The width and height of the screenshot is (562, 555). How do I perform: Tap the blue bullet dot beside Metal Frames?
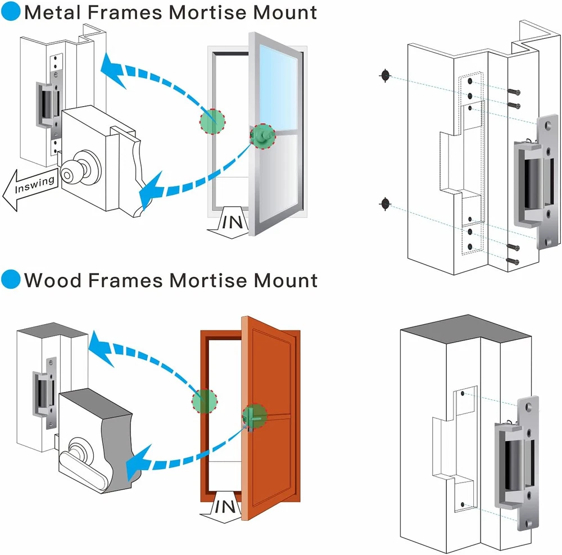tap(10, 11)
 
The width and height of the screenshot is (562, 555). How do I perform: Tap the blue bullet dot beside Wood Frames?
tap(10, 279)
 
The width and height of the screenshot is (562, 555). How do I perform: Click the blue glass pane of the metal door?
tap(275, 84)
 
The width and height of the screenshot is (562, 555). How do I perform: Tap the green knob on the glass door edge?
tap(262, 137)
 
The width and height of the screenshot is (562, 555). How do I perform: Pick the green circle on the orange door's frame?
tap(204, 402)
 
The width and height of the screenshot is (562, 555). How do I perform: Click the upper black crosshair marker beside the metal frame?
tap(385, 75)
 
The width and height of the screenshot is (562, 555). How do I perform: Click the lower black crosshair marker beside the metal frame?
tap(385, 203)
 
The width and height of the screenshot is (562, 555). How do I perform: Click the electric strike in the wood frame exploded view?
tap(515, 460)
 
